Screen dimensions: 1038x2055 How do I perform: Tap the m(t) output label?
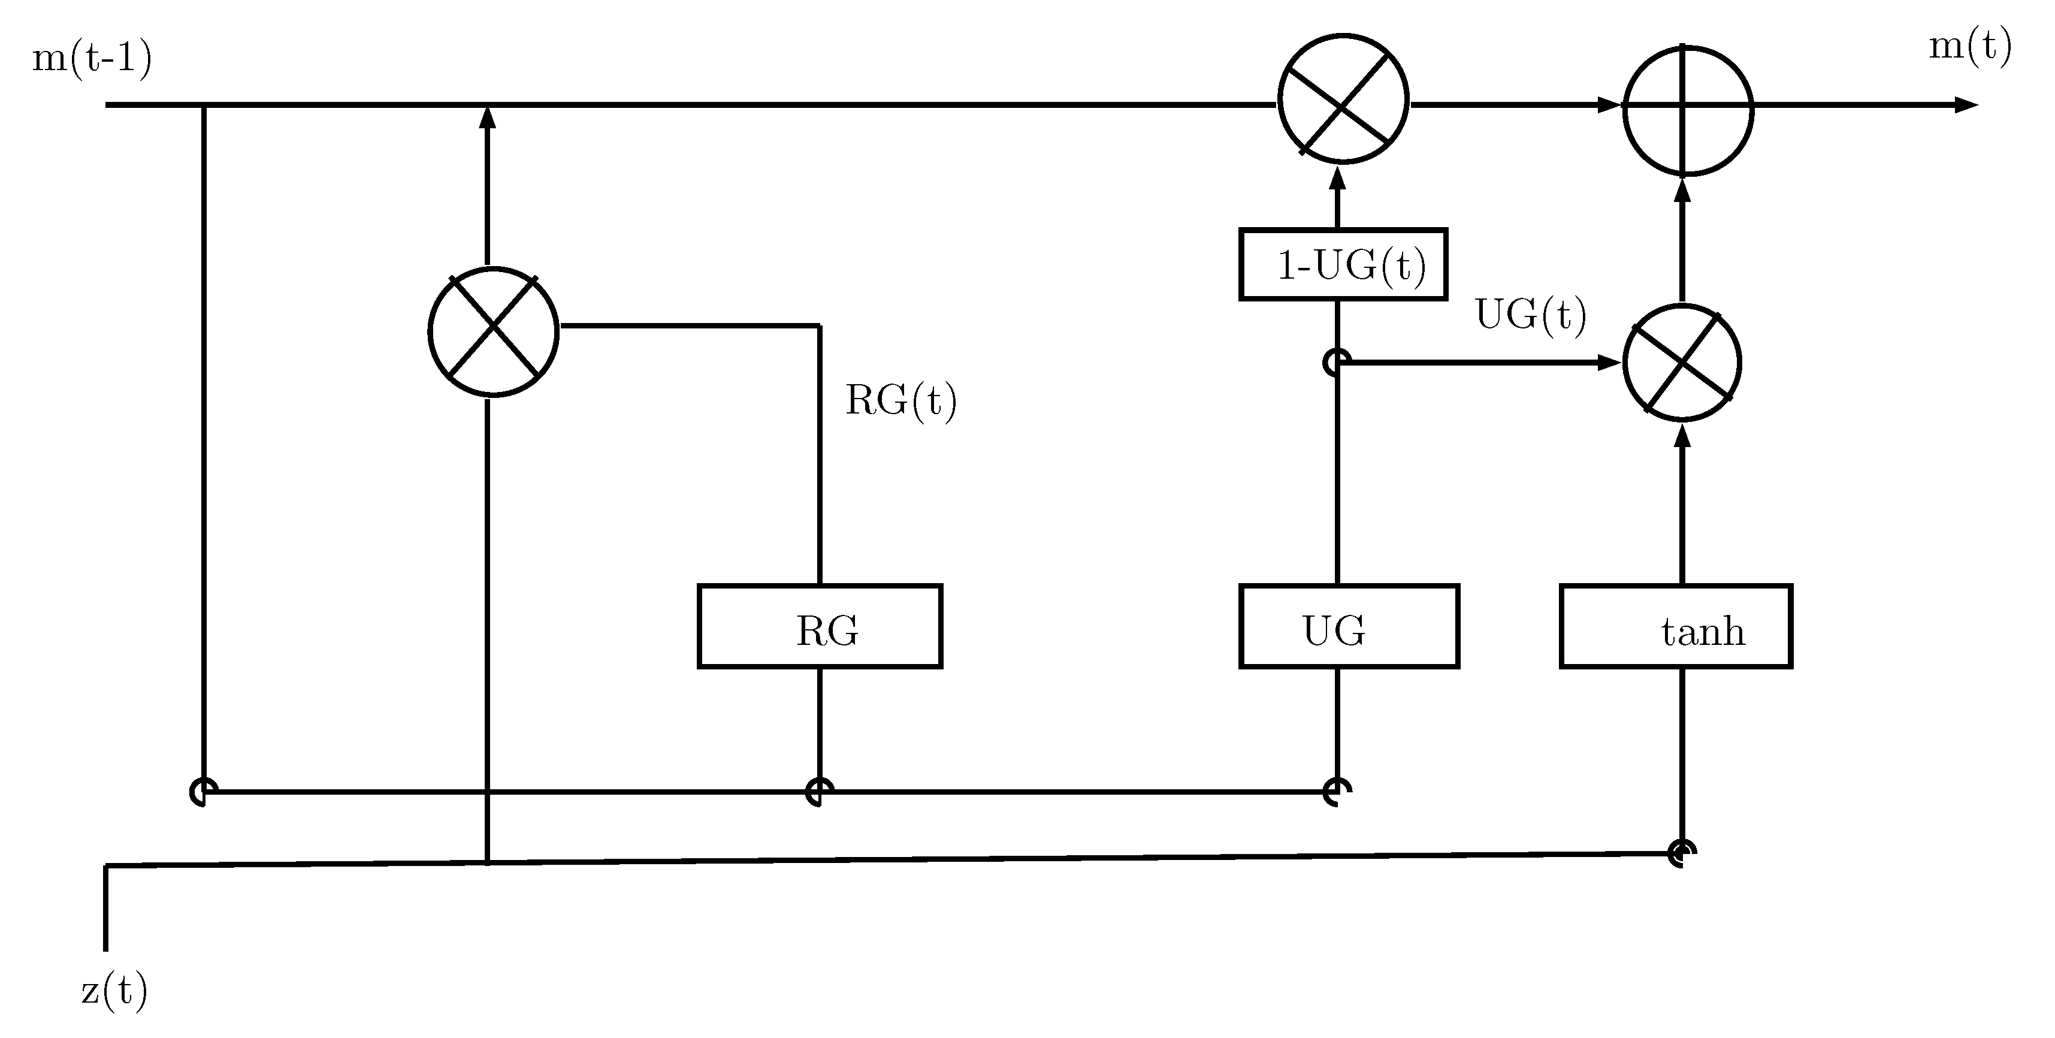(1970, 46)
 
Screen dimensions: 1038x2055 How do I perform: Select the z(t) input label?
(114, 991)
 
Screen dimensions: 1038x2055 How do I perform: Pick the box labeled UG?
(1348, 626)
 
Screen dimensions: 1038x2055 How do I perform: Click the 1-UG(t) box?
(1343, 265)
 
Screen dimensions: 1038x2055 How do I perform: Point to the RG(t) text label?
(900, 400)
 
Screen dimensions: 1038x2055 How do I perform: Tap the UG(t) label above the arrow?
(1531, 315)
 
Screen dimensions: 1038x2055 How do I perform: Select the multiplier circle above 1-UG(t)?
(1343, 99)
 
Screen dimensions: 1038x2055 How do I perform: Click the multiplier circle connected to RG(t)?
(494, 331)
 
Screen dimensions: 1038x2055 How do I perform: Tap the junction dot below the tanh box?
(1682, 853)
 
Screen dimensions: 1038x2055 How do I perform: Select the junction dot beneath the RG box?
(819, 792)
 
